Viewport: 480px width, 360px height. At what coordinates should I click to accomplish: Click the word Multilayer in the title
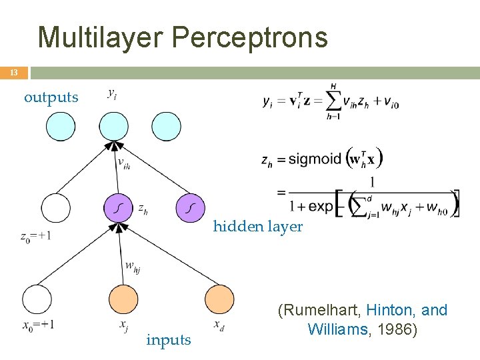click(x=101, y=37)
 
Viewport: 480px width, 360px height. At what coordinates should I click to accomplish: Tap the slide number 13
click(x=13, y=73)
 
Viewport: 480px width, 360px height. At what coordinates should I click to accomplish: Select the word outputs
click(x=51, y=97)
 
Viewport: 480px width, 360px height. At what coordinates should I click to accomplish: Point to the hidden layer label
click(x=257, y=227)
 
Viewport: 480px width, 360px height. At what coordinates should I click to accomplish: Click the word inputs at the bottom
click(x=169, y=340)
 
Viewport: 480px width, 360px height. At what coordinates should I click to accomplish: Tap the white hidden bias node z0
click(x=55, y=208)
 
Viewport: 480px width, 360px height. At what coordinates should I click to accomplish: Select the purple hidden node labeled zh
click(x=119, y=208)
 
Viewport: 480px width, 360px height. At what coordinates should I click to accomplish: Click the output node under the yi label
click(x=113, y=127)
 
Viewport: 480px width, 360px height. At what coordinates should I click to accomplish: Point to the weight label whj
click(x=133, y=267)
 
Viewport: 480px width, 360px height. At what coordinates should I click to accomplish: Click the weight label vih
click(x=123, y=163)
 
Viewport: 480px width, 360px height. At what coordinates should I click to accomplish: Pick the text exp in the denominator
click(x=320, y=206)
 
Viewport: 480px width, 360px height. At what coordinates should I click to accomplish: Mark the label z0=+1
click(x=36, y=236)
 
